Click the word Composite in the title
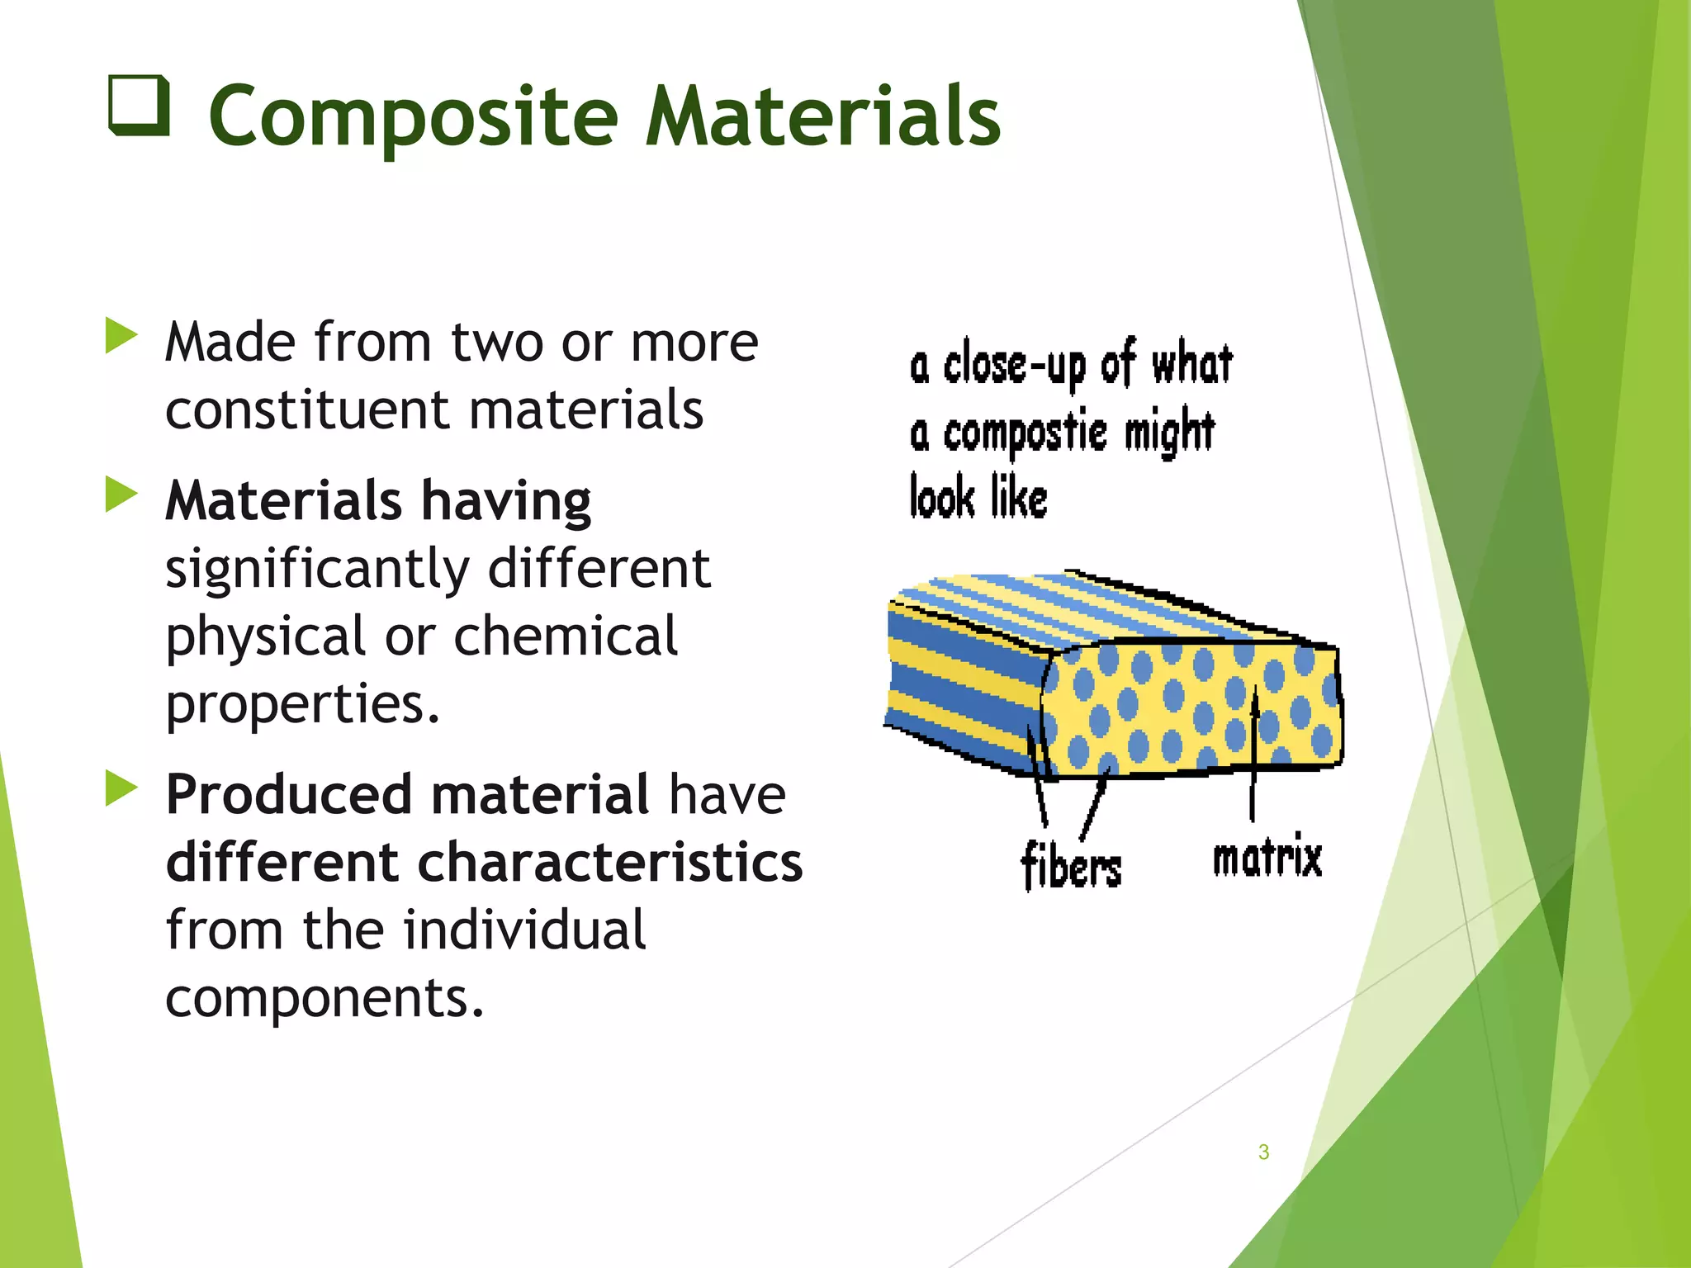point(413,117)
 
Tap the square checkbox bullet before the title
point(139,106)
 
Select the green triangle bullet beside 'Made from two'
point(121,337)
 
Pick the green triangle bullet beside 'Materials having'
point(121,494)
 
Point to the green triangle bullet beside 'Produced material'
point(121,788)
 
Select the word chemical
point(566,636)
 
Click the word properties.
point(302,704)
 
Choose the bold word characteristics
point(610,863)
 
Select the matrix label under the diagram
point(1267,857)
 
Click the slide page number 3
point(1263,1152)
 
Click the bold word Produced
point(289,795)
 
